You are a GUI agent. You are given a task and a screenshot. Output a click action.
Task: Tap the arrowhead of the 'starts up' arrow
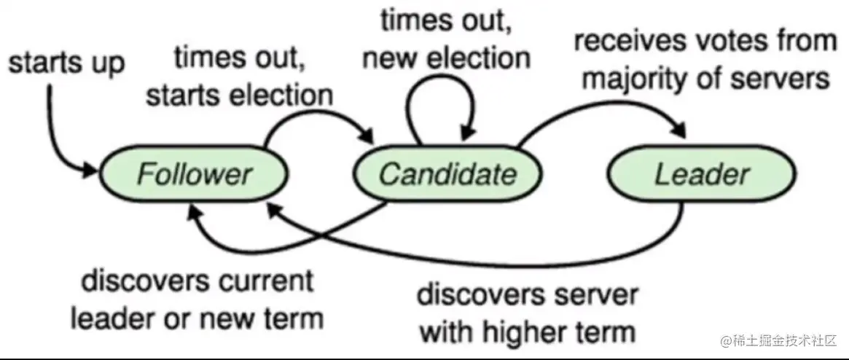[x=91, y=170]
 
